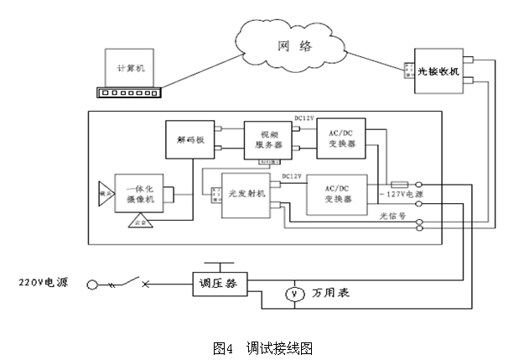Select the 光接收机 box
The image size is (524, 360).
click(x=438, y=72)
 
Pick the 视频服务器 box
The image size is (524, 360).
click(x=264, y=139)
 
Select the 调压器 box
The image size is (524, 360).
click(x=215, y=284)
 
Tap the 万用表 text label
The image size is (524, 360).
click(x=329, y=295)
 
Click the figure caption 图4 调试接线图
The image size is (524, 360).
click(x=262, y=347)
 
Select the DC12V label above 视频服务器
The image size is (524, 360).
click(x=303, y=118)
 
